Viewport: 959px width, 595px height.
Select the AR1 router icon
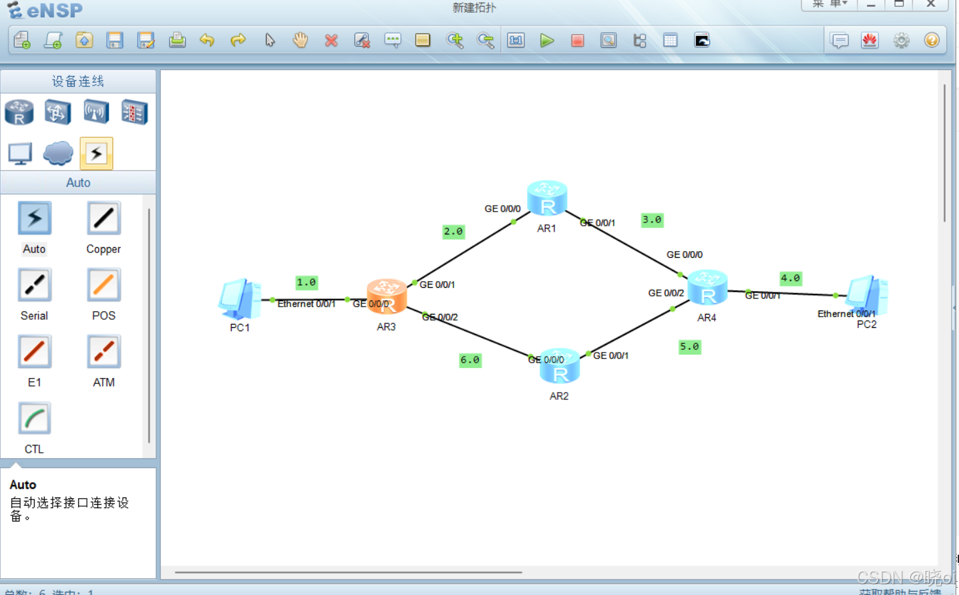click(x=547, y=198)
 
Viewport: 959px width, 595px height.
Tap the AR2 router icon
click(x=560, y=366)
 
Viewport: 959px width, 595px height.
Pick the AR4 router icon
click(x=707, y=287)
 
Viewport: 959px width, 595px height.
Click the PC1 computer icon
click(x=239, y=299)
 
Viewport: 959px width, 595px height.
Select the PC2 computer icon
click(x=867, y=295)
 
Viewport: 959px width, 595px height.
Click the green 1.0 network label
click(x=307, y=282)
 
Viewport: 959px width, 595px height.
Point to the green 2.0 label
click(x=453, y=232)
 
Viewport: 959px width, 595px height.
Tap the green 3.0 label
click(x=652, y=220)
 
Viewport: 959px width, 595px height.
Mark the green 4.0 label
click(x=791, y=278)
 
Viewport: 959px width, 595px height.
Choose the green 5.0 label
click(x=689, y=347)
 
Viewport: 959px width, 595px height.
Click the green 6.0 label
click(x=470, y=360)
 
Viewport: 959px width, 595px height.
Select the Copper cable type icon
click(x=104, y=218)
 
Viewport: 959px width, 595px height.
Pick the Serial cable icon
click(x=35, y=285)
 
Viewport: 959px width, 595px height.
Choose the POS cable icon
click(x=104, y=285)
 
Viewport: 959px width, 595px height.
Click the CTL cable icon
click(x=35, y=419)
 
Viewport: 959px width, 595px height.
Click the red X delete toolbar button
click(x=331, y=41)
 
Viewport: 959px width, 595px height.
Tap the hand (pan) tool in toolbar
click(x=301, y=40)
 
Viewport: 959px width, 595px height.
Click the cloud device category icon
click(x=58, y=153)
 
